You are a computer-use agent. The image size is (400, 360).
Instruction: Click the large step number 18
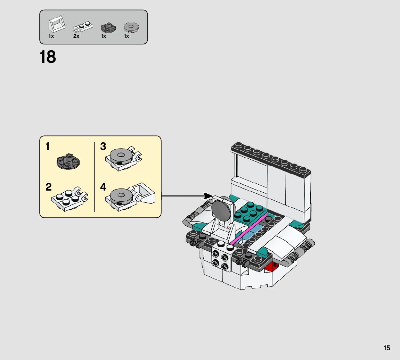click(x=48, y=57)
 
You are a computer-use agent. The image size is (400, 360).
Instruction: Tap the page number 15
click(x=387, y=348)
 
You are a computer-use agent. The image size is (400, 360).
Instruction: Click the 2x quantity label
click(x=76, y=36)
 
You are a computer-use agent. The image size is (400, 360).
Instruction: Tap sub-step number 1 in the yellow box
click(x=48, y=147)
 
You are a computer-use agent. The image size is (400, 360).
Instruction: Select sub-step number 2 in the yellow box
click(x=49, y=187)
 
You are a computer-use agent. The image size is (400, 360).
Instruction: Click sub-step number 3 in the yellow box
click(x=103, y=146)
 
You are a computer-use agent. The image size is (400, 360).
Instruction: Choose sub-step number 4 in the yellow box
click(x=103, y=187)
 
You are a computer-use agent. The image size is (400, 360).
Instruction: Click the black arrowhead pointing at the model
click(x=209, y=196)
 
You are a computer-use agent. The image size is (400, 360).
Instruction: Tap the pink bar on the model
click(x=248, y=230)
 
